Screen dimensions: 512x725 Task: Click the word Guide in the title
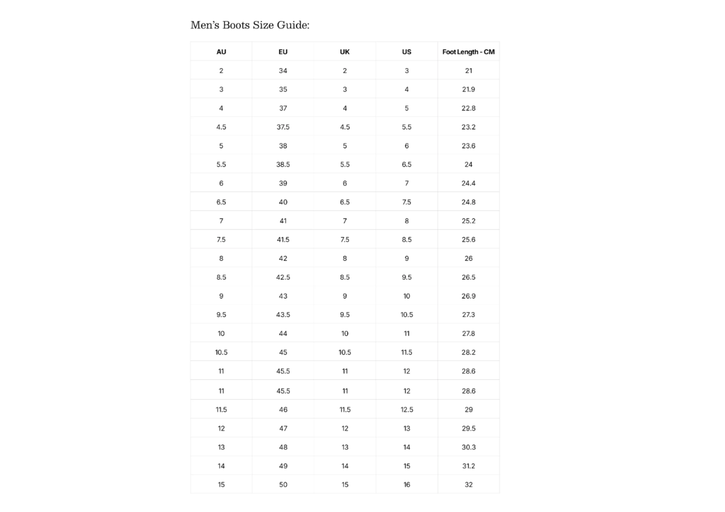tap(292, 25)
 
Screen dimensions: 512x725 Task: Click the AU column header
tap(221, 52)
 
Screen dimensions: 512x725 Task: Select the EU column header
tap(283, 52)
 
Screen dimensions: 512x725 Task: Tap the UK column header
tap(345, 52)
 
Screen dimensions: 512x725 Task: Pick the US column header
tap(406, 52)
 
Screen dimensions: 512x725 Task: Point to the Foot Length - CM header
tap(468, 52)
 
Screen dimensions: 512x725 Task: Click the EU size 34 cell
tap(283, 71)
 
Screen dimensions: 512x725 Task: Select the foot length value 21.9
tap(468, 89)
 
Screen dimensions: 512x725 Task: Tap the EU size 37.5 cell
tap(283, 127)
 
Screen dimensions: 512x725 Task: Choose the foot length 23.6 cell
tap(468, 146)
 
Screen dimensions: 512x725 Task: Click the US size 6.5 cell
tap(406, 165)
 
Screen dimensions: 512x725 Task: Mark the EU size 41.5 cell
tap(283, 240)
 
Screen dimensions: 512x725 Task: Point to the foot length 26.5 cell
tap(468, 277)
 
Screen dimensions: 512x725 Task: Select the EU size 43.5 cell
tap(283, 314)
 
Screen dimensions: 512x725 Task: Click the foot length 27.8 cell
tap(468, 333)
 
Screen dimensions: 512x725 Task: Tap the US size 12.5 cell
tap(406, 410)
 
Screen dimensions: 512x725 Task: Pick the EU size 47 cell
tap(283, 428)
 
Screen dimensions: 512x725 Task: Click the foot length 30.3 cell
tap(468, 447)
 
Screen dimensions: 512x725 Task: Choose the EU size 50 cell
tap(283, 484)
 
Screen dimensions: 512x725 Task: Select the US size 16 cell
tap(406, 484)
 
